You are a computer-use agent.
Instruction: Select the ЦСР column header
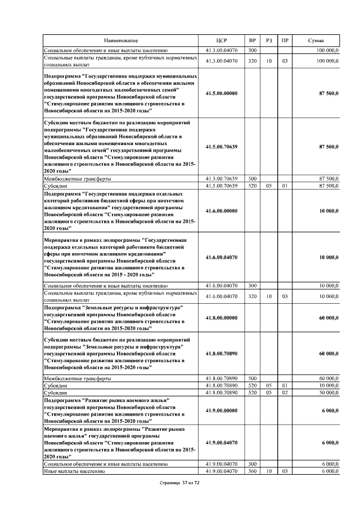tap(222, 41)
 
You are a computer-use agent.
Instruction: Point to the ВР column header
tap(253, 41)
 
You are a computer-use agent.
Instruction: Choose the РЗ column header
tap(269, 41)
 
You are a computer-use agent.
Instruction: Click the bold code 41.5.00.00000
tap(222, 93)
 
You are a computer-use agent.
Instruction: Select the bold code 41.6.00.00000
tap(222, 210)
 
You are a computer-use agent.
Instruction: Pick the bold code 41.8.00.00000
tap(222, 318)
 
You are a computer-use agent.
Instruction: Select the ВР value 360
tap(253, 471)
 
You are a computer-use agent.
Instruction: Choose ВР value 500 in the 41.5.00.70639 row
tap(253, 178)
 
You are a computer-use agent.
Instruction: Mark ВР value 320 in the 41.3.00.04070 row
tap(253, 60)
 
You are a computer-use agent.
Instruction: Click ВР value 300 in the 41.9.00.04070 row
tap(253, 464)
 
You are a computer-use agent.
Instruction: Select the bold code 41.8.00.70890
tap(222, 354)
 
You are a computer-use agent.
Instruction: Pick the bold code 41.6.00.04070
tap(222, 257)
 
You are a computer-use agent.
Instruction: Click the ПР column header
tap(285, 41)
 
